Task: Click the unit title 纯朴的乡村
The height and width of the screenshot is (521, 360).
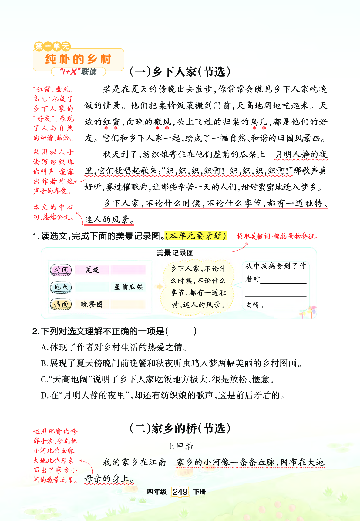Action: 78,59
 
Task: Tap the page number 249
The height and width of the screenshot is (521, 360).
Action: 180,491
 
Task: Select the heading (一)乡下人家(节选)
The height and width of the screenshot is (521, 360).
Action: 180,72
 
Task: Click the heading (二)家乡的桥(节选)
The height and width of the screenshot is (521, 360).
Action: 180,429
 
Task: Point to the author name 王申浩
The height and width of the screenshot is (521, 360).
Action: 180,446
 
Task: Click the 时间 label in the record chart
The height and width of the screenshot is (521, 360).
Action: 61,270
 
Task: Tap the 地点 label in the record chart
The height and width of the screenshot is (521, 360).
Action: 61,287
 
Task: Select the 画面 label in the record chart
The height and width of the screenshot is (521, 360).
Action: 61,304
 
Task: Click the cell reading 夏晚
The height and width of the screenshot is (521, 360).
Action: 92,270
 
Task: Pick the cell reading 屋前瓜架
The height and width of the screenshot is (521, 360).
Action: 128,287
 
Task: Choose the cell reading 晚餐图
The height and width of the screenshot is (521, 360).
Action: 92,304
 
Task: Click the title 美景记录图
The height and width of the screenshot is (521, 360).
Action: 175,253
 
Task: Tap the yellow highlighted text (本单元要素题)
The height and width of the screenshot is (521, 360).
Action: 196,236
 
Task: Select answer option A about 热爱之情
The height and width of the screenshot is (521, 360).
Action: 114,347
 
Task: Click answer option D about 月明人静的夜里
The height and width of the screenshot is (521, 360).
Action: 163,396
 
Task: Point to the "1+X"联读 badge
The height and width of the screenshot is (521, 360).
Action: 78,72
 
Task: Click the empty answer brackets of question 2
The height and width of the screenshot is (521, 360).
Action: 181,331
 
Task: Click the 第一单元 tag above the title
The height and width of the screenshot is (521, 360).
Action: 52,46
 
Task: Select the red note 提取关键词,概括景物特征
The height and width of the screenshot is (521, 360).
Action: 278,236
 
